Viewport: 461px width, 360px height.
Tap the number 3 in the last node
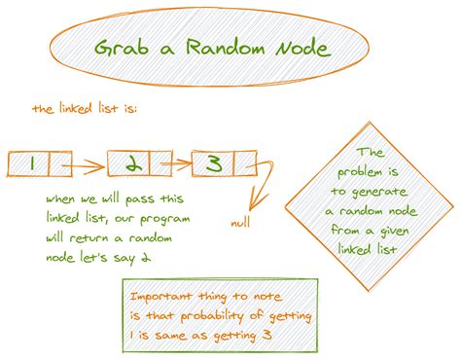(213, 163)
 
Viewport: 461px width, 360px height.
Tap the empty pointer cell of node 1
(57, 163)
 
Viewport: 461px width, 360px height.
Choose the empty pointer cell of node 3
(244, 163)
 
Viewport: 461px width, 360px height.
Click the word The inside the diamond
(371, 153)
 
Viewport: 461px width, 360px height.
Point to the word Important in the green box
(162, 293)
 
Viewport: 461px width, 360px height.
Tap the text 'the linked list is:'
(85, 109)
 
